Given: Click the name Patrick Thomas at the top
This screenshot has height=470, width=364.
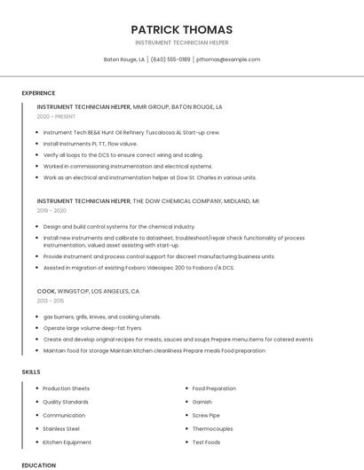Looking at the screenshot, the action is pos(181,29).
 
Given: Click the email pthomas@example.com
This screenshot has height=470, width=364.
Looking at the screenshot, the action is pos(228,59).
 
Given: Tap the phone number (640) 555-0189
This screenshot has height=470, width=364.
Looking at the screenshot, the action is pos(170,59).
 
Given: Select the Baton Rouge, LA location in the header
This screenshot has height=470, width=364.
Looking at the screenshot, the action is pos(124,59).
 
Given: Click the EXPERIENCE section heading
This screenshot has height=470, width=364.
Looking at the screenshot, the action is pos(38,93).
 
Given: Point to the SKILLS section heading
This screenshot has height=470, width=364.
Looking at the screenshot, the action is pos(31,372).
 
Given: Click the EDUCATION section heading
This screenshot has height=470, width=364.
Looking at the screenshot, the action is pos(38,465).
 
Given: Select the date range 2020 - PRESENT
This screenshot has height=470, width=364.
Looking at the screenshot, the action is pos(56,116).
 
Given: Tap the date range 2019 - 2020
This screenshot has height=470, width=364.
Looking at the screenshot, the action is pos(51,211).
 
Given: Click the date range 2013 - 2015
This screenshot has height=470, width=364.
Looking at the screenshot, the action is pos(51,301).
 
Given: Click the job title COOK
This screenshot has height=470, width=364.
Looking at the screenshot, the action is pos(46,291).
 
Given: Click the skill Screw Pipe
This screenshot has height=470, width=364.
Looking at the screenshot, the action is pos(206,415).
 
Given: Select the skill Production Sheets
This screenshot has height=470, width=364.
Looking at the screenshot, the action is pos(67,388).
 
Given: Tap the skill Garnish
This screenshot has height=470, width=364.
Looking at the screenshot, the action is pos(202,402).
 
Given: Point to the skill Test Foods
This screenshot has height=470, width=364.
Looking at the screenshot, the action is pos(206,442).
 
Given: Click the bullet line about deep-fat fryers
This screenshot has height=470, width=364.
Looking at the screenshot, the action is pos(92,327).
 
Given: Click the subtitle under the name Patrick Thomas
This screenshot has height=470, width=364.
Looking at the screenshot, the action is pos(181,43).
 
